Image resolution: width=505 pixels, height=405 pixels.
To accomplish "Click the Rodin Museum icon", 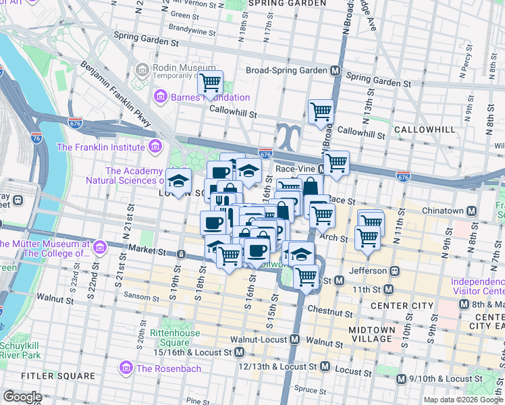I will click(142, 70).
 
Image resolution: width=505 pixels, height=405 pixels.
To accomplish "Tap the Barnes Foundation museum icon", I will click(161, 97).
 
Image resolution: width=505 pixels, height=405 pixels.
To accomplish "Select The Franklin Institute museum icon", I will click(155, 146).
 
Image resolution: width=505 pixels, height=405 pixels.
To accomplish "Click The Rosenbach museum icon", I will click(125, 367).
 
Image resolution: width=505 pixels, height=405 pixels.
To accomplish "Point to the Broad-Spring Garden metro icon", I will click(334, 70).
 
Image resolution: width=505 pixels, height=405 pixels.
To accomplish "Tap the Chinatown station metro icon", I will click(471, 211).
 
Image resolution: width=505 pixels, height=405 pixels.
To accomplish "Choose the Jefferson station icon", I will click(395, 271).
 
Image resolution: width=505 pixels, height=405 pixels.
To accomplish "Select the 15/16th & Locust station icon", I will click(240, 352).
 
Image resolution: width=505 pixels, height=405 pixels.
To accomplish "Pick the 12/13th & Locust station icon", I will click(325, 367).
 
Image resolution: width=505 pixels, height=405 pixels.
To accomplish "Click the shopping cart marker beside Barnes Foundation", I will click(210, 83).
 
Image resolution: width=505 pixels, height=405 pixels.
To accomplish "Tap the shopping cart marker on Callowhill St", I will click(321, 112).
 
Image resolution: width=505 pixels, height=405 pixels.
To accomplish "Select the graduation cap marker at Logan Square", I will click(179, 182).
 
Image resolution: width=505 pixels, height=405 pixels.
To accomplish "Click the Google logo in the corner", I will click(22, 397).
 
